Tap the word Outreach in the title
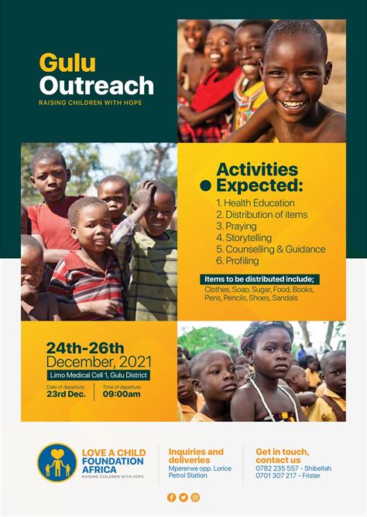[x=96, y=85]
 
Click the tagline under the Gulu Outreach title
[x=91, y=103]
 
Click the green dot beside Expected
[x=205, y=185]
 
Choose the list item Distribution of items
[x=262, y=214]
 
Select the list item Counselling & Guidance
[x=271, y=249]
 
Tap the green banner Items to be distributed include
[x=260, y=279]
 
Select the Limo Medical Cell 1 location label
[x=97, y=376]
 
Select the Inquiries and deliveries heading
[x=196, y=456]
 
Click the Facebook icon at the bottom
[x=172, y=497]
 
